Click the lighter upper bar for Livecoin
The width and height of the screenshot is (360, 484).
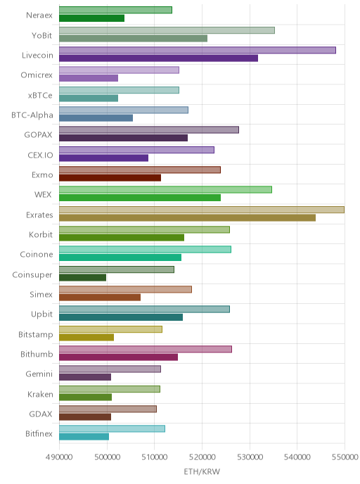[x=198, y=51]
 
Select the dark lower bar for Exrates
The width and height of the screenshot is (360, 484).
[x=187, y=218]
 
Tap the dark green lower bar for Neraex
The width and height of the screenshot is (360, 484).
[x=91, y=18]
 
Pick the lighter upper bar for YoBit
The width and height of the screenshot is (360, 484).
[x=167, y=30]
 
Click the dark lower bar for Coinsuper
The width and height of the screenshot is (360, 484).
[x=83, y=277]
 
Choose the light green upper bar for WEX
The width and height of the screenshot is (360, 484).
[x=165, y=189]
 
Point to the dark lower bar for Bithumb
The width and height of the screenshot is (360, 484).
[x=118, y=357]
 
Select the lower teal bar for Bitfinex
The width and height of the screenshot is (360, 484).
[x=84, y=437]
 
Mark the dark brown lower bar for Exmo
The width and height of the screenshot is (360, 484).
[x=110, y=178]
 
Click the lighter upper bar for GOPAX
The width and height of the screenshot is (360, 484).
[x=149, y=130]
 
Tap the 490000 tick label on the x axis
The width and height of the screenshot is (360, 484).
[x=59, y=457]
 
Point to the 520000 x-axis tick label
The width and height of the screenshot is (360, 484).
[x=202, y=457]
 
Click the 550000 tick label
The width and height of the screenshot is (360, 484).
[x=345, y=457]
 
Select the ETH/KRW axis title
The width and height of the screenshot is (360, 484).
[x=202, y=471]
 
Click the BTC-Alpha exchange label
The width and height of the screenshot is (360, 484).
[x=32, y=115]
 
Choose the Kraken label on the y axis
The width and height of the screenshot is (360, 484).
[x=40, y=395]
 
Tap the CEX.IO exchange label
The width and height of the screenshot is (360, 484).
[x=40, y=155]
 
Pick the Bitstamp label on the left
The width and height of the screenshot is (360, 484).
[x=35, y=335]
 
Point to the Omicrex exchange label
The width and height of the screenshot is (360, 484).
[x=37, y=75]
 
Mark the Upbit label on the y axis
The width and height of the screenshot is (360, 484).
[x=41, y=314]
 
